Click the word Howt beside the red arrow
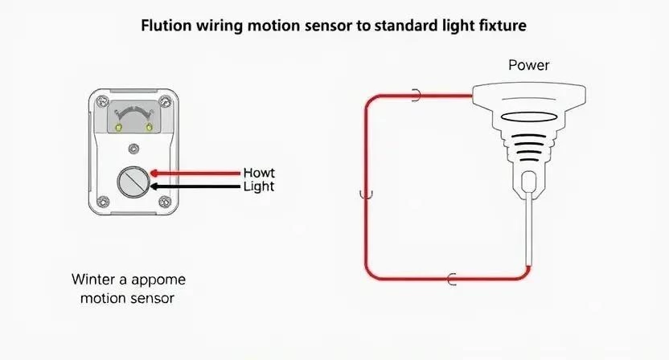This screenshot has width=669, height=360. pyautogui.click(x=258, y=172)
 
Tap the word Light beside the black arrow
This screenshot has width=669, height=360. pyautogui.click(x=258, y=186)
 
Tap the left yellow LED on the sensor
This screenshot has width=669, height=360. pyautogui.click(x=118, y=127)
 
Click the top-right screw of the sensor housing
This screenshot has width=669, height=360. pyautogui.click(x=166, y=101)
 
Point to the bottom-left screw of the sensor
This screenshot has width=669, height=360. pyautogui.click(x=101, y=201)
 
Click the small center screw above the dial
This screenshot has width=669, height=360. pyautogui.click(x=133, y=147)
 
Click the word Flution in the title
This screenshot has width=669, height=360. pyautogui.click(x=164, y=25)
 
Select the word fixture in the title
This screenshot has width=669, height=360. pyautogui.click(x=503, y=25)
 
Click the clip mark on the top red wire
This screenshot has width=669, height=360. pyautogui.click(x=417, y=96)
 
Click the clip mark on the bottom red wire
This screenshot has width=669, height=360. pyautogui.click(x=452, y=279)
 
